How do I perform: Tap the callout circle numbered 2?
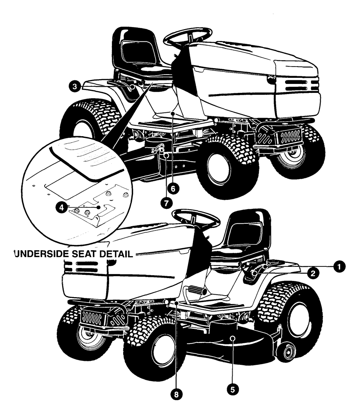coord(313,273)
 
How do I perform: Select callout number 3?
coord(75,86)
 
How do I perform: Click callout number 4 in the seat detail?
coord(62,207)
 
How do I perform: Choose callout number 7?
coord(166,203)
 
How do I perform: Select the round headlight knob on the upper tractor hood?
coord(271,80)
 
